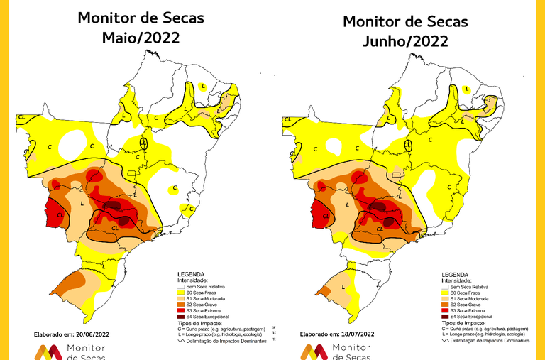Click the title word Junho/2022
405,41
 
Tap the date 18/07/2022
363,333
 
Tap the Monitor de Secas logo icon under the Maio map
48,351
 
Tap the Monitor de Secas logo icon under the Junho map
314,351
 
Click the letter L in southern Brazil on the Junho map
343,287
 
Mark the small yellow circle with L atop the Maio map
203,87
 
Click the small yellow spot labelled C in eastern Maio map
174,189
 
